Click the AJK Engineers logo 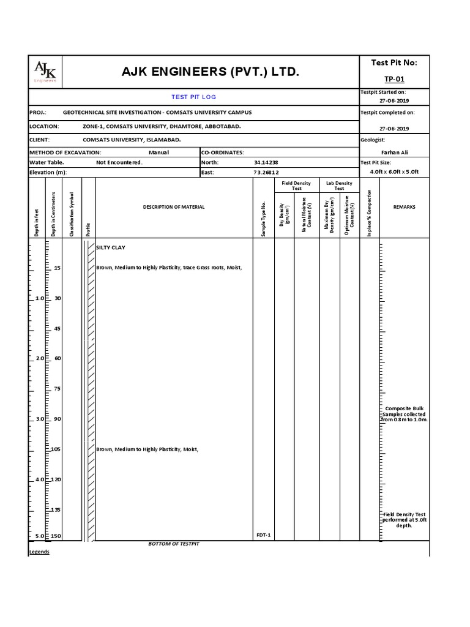click(x=45, y=72)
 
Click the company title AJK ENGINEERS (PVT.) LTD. click(x=210, y=72)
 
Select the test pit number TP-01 click(x=394, y=79)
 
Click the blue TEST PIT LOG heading click(x=193, y=97)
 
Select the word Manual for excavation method click(x=159, y=152)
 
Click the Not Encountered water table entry click(x=119, y=163)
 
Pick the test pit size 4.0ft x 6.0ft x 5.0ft click(x=394, y=172)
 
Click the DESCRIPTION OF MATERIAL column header click(x=174, y=207)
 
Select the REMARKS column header click(x=404, y=207)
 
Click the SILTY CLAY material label click(x=111, y=247)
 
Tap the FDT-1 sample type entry click(x=264, y=536)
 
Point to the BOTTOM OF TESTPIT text click(x=174, y=544)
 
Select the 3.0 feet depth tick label click(x=40, y=419)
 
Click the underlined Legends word click(x=39, y=552)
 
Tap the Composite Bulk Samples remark click(x=404, y=414)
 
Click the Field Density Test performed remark click(x=405, y=520)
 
